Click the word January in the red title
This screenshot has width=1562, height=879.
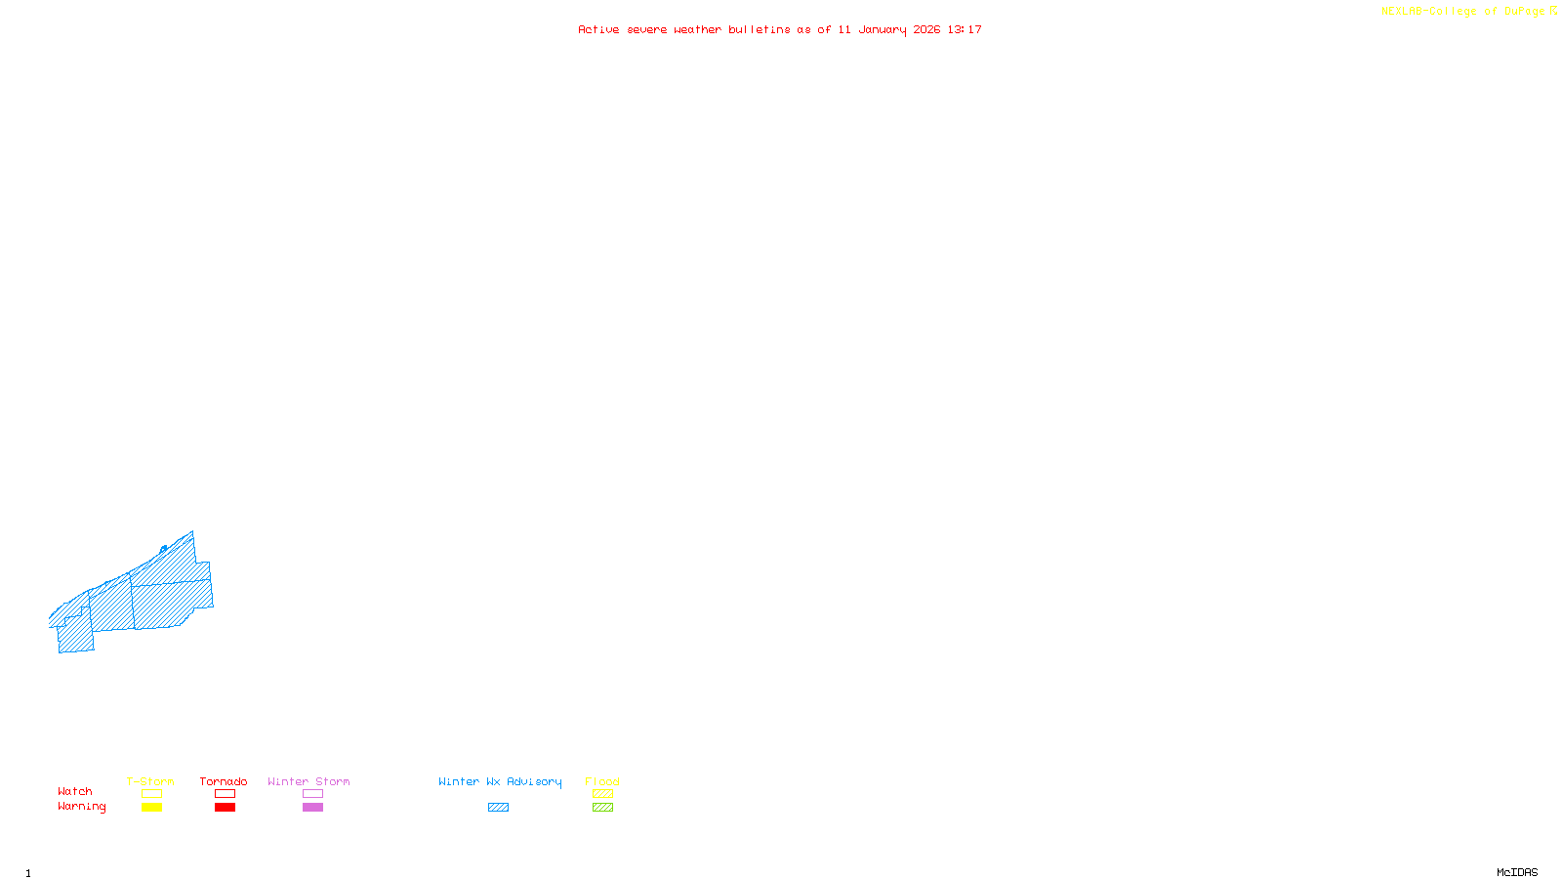coord(882,29)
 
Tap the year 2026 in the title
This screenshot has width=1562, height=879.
coord(926,29)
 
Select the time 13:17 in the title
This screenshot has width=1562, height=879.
coord(965,29)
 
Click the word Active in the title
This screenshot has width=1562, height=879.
coord(597,29)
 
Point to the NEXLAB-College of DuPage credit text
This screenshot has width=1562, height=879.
coord(1463,11)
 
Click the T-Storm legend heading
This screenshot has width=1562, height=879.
coord(150,781)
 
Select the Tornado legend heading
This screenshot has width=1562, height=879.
coord(224,781)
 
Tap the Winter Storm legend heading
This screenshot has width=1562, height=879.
coord(308,781)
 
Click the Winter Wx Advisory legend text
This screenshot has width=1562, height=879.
coord(500,781)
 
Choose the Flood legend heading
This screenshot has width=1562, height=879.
coord(602,781)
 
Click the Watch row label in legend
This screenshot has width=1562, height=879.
coord(75,791)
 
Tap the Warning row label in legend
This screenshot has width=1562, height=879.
coord(82,807)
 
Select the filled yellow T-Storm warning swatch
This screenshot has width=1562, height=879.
coord(151,808)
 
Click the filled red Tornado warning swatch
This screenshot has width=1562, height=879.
coord(226,808)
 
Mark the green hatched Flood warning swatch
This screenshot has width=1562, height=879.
coord(603,808)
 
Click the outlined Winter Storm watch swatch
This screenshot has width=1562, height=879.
coord(312,794)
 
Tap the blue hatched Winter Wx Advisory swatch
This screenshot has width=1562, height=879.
coord(498,808)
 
